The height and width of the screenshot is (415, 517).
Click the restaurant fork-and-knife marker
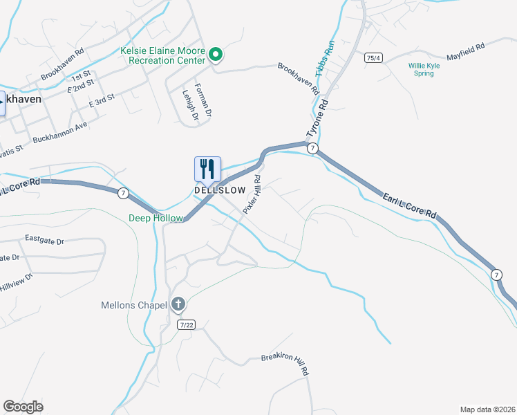click(x=207, y=169)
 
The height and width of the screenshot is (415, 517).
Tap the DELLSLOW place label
click(x=220, y=190)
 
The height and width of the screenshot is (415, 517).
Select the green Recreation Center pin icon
click(x=216, y=53)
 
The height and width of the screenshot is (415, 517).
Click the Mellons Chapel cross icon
click(x=178, y=304)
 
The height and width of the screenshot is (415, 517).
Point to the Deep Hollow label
click(x=156, y=218)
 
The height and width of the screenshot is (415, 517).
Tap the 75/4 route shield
click(x=374, y=58)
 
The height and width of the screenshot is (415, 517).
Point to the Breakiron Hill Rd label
click(x=284, y=365)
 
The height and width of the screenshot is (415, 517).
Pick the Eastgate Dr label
click(x=44, y=240)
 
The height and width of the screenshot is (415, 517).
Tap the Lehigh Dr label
click(x=190, y=106)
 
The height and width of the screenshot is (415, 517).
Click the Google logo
click(x=23, y=407)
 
